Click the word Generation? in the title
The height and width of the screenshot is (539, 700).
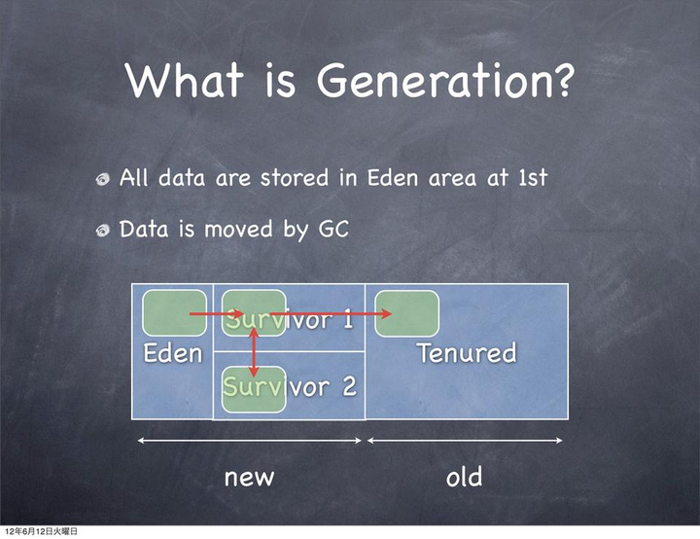pos(444,81)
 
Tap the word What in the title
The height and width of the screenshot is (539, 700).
pos(185,80)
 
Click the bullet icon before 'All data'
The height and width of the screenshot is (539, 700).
pos(103,179)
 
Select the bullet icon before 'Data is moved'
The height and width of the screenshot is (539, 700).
pos(103,231)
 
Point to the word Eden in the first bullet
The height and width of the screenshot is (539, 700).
pos(393,178)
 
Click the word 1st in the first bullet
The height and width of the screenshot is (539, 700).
pos(533,178)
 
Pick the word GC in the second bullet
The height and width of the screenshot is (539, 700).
pos(333,230)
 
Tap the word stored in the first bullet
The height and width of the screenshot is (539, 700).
pos(295,178)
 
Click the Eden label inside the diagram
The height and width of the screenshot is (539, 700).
pos(173,353)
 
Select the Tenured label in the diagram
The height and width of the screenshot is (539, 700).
pos(467,352)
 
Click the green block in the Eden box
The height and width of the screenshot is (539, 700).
pos(175,313)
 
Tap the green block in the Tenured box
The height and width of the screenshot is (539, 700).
pos(406,313)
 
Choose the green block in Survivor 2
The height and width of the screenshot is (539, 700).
pos(254,390)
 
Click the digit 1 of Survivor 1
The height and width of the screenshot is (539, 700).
pos(347,320)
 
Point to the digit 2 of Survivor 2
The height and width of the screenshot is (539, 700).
pos(349,386)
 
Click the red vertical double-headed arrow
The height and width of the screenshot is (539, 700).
pos(254,352)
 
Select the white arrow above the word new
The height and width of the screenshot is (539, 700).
pos(250,441)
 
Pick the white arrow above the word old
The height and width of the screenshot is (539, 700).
pos(465,441)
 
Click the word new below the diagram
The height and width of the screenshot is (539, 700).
pos(249,478)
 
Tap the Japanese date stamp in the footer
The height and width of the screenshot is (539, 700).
pos(41,531)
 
